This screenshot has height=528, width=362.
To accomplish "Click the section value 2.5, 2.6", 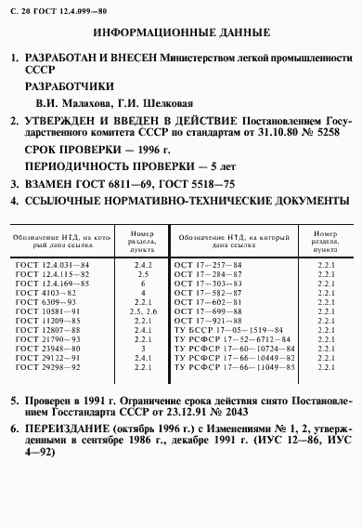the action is [144, 311].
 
